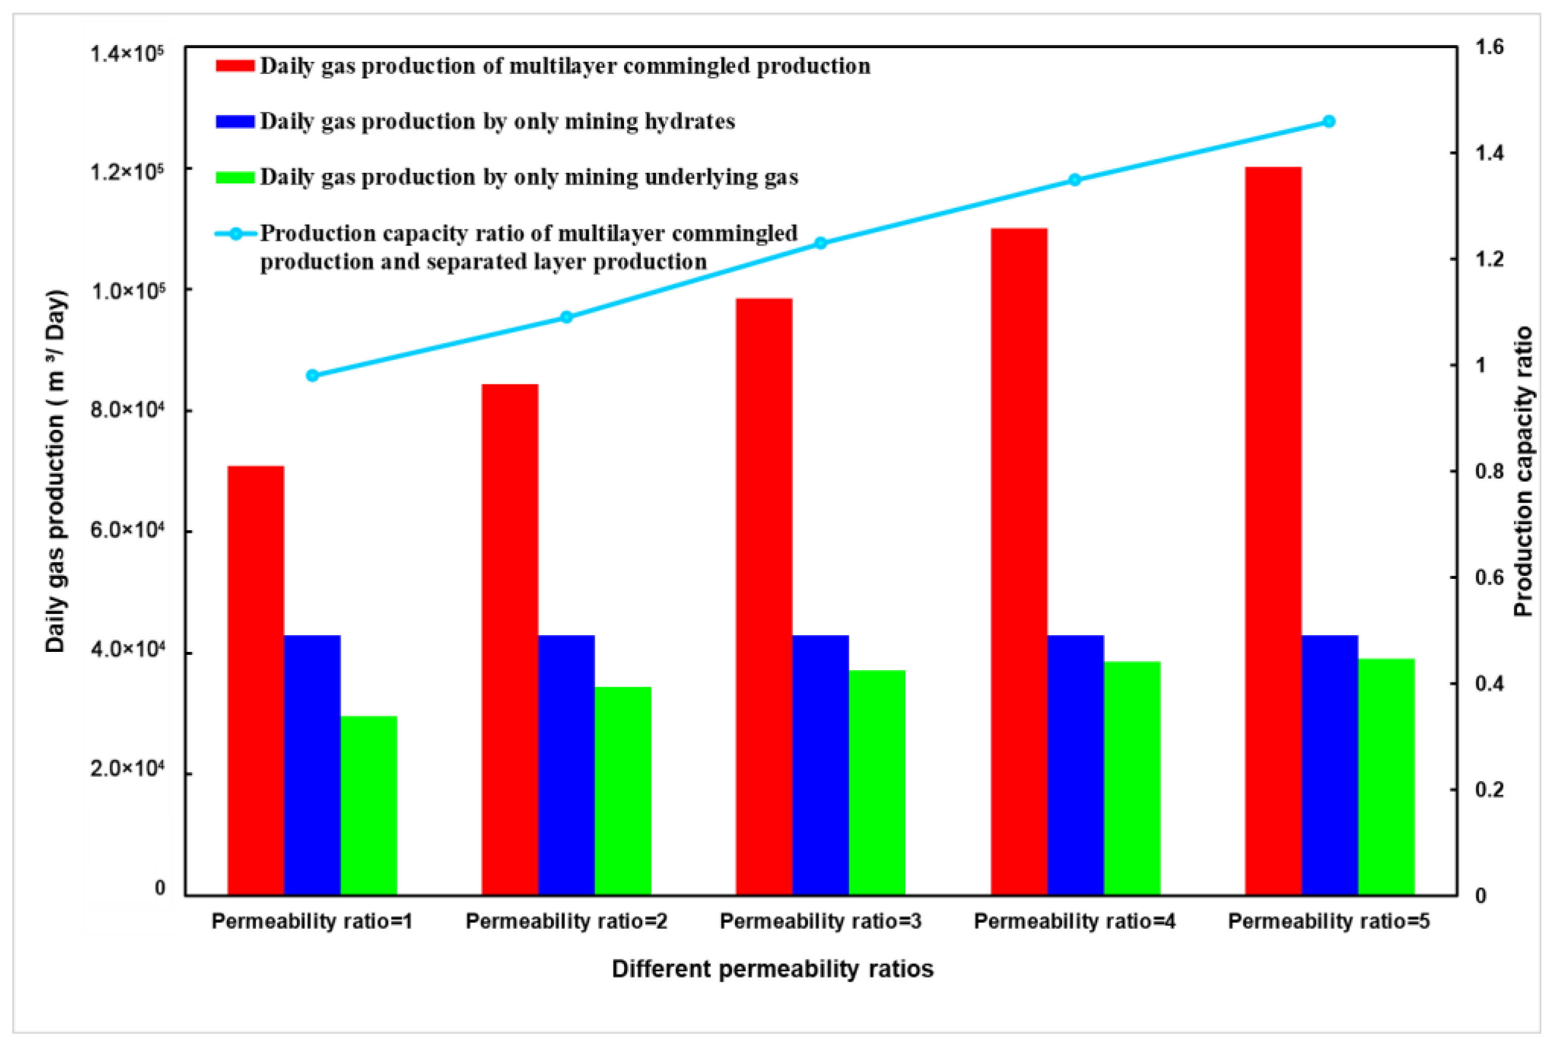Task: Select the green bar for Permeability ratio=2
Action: (623, 790)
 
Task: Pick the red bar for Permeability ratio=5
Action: (1273, 530)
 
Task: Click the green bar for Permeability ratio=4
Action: (1132, 777)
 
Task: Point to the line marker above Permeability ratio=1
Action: (312, 375)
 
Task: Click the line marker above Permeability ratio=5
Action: (1329, 122)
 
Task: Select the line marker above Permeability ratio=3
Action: (821, 243)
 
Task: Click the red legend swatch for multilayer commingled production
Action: (235, 65)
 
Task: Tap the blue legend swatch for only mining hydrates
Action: (235, 121)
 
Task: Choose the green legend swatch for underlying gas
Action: (235, 177)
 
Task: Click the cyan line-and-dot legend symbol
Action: (236, 234)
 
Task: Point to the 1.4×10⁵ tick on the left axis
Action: (127, 54)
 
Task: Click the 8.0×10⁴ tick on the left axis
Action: (127, 409)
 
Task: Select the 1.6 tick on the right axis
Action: (1490, 47)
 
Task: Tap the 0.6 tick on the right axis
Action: (1490, 577)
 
